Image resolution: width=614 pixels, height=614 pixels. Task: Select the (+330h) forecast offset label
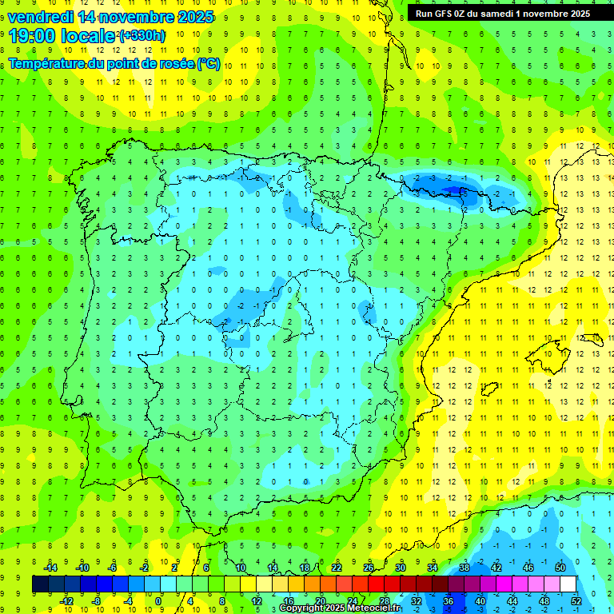click(142, 35)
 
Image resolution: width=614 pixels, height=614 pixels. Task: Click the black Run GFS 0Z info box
click(503, 13)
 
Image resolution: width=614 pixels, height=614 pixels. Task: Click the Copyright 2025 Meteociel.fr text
click(340, 608)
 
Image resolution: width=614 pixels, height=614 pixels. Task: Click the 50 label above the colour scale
click(560, 568)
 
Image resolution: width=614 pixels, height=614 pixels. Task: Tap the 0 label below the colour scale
click(158, 601)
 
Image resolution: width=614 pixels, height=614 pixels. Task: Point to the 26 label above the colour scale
click(369, 568)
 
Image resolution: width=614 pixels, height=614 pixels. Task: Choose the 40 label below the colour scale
click(480, 601)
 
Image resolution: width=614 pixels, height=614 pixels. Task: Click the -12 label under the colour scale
click(66, 601)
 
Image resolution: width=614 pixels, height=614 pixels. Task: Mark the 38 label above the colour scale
click(464, 568)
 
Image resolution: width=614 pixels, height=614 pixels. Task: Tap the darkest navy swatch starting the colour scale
click(40, 584)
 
